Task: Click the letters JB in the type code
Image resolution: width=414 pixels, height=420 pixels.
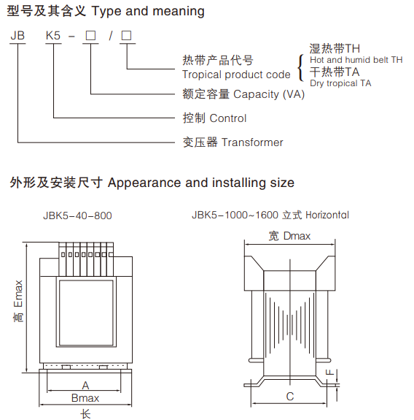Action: click(17, 36)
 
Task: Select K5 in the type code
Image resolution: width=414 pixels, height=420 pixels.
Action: click(53, 36)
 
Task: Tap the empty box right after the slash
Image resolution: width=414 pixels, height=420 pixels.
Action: click(126, 36)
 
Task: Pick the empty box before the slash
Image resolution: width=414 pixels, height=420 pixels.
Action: click(90, 36)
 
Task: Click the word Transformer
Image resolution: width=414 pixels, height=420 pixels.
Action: click(252, 142)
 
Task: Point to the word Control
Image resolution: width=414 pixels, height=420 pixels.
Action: click(228, 118)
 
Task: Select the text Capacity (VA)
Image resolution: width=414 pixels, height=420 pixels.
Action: click(269, 94)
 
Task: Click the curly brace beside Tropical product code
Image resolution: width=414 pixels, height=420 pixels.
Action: click(301, 67)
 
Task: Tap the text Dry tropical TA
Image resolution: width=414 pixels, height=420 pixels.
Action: click(340, 83)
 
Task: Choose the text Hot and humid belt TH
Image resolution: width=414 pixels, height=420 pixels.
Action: click(356, 60)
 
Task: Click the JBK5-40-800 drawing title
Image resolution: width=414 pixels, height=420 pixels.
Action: click(77, 215)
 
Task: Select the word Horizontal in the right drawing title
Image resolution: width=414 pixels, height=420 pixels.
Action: click(327, 215)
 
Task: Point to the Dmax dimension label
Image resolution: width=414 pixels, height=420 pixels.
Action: click(297, 236)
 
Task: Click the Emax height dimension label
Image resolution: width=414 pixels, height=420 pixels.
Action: click(18, 294)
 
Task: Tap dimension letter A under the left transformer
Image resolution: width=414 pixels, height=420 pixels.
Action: click(85, 386)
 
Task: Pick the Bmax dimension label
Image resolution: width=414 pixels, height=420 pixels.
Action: click(85, 398)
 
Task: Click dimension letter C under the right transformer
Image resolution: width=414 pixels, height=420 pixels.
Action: click(290, 397)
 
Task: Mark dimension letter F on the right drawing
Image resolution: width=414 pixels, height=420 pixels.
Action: click(329, 372)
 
